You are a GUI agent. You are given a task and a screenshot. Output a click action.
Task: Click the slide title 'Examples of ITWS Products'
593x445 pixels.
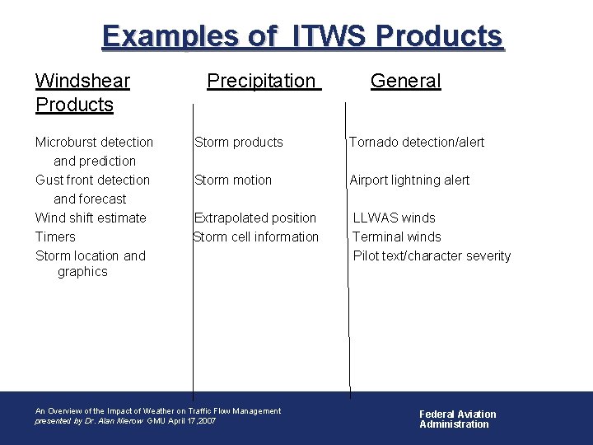[x=301, y=36]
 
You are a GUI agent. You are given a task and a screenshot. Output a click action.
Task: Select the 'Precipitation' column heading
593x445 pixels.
[x=261, y=81]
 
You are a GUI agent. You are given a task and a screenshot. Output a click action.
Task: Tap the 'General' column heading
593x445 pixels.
[x=405, y=81]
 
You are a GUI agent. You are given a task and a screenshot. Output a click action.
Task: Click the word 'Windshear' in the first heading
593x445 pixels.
[x=82, y=81]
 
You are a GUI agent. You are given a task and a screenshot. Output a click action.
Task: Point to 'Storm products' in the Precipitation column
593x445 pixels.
[x=239, y=142]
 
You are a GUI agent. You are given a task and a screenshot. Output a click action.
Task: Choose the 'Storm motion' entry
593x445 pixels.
[x=233, y=180]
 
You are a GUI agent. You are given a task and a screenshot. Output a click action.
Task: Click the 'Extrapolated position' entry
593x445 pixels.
[x=255, y=218]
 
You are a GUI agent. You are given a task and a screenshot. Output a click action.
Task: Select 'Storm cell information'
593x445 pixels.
[x=256, y=237]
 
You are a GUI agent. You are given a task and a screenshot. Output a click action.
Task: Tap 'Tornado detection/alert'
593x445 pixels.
[x=417, y=142]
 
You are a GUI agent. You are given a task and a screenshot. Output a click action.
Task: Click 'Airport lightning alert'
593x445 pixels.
[x=409, y=180]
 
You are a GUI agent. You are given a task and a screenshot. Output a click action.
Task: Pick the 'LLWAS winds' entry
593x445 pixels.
[x=395, y=218]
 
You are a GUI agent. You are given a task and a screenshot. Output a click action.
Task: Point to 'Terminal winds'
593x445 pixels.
[x=397, y=237]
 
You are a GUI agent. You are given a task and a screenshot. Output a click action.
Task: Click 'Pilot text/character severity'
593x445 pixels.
[x=432, y=255]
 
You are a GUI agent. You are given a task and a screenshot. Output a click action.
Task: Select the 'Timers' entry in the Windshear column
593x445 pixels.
[x=55, y=237]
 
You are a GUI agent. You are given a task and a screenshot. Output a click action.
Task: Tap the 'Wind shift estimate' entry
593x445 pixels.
[x=91, y=218]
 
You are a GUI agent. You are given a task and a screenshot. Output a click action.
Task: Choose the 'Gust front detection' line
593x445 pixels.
[x=92, y=180]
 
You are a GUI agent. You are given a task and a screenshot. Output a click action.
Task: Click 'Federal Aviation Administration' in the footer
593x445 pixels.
[x=458, y=419]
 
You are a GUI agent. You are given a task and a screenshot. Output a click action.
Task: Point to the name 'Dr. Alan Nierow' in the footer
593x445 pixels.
[x=114, y=421]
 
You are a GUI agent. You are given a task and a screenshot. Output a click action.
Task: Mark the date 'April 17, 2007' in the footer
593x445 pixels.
[x=194, y=421]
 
